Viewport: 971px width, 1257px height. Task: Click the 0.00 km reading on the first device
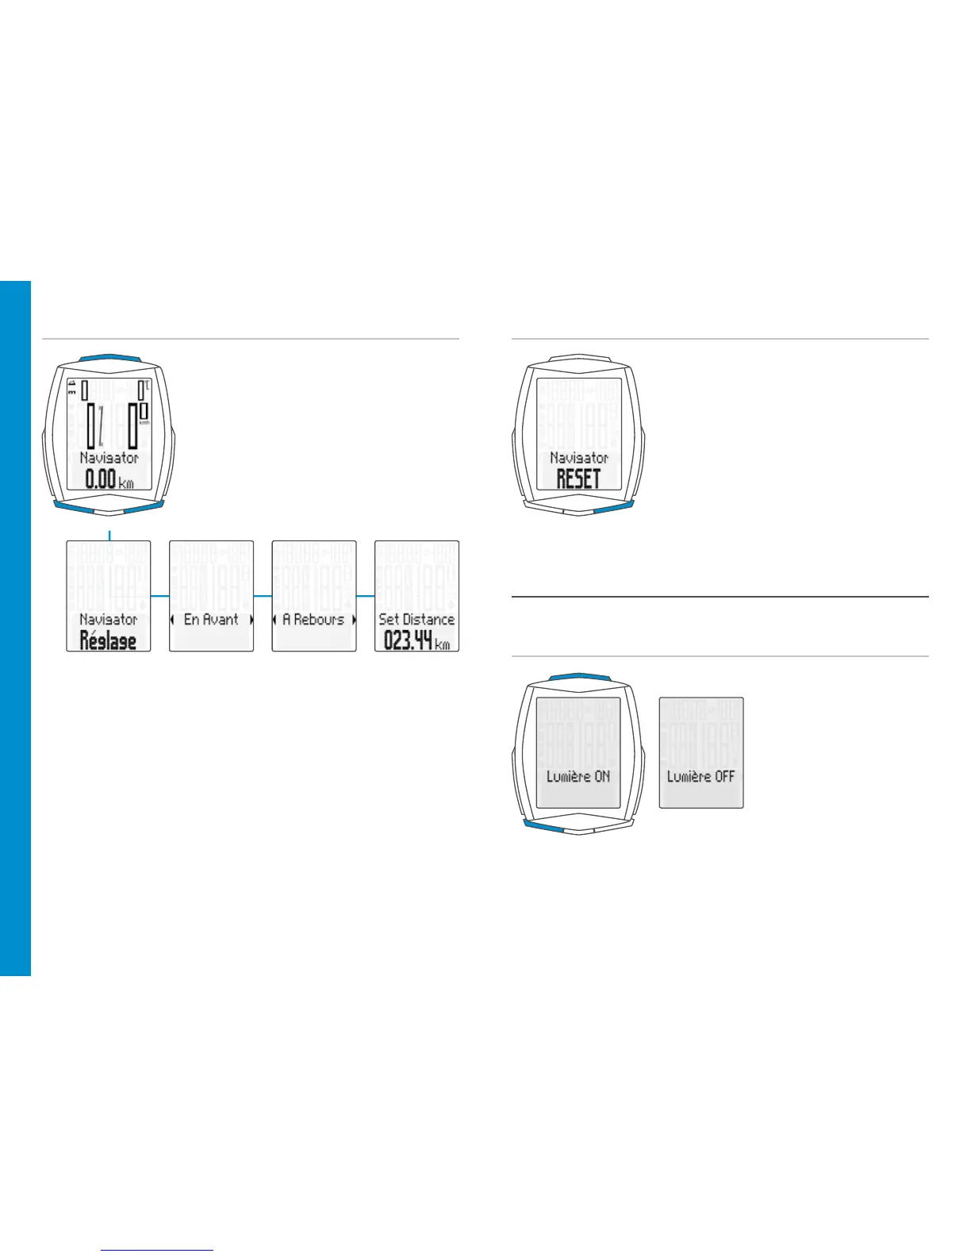[109, 479]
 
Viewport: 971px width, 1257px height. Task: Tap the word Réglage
[108, 640]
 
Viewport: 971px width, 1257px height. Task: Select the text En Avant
[211, 619]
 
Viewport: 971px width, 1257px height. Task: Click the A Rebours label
[314, 619]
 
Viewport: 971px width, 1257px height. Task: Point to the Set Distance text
[416, 619]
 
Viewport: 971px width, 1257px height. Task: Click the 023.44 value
[408, 640]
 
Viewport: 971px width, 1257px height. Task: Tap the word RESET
[578, 479]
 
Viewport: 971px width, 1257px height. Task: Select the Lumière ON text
[578, 776]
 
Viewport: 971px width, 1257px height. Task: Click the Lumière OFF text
[701, 776]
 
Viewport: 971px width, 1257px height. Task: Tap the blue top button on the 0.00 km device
[109, 358]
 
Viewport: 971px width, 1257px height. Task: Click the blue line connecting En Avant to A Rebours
[263, 595]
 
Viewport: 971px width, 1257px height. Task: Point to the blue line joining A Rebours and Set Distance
[366, 595]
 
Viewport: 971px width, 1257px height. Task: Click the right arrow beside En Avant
[251, 620]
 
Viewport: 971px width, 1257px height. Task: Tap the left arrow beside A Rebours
[274, 620]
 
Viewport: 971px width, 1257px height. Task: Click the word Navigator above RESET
[578, 458]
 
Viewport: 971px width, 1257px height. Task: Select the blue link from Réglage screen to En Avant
[159, 595]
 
